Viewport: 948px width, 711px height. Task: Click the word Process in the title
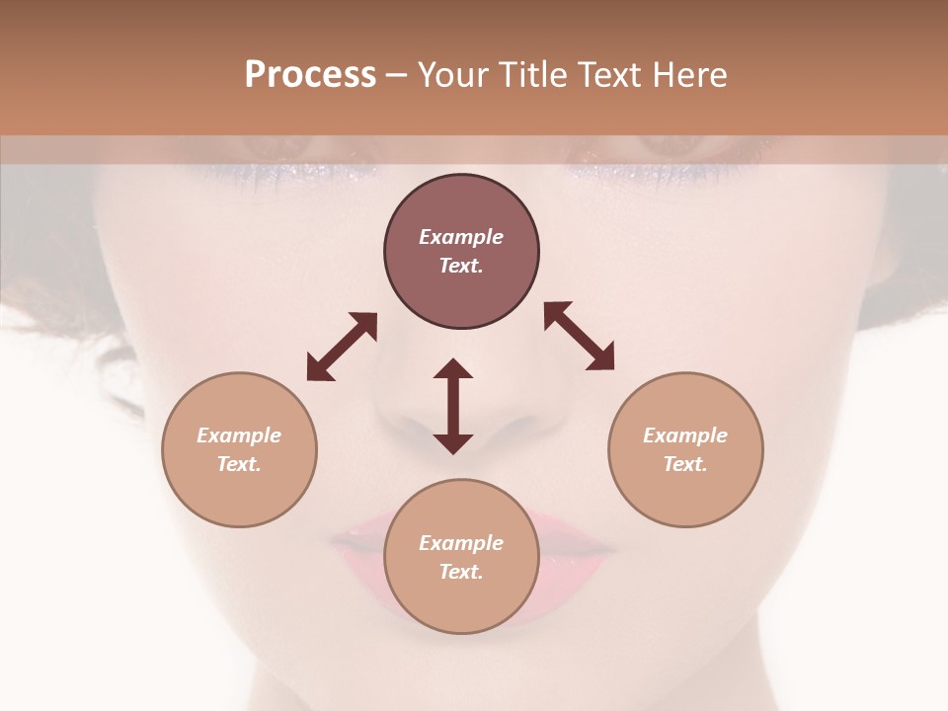310,75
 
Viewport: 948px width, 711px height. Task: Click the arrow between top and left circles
342,347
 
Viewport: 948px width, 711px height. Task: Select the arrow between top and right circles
580,336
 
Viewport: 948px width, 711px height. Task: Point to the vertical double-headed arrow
453,406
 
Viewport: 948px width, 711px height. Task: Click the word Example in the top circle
461,237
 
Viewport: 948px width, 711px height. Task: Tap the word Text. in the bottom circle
461,572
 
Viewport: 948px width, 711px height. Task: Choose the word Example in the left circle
239,435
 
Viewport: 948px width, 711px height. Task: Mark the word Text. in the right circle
685,464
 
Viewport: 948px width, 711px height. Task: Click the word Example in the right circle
685,435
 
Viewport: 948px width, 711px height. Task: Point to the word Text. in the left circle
239,464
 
